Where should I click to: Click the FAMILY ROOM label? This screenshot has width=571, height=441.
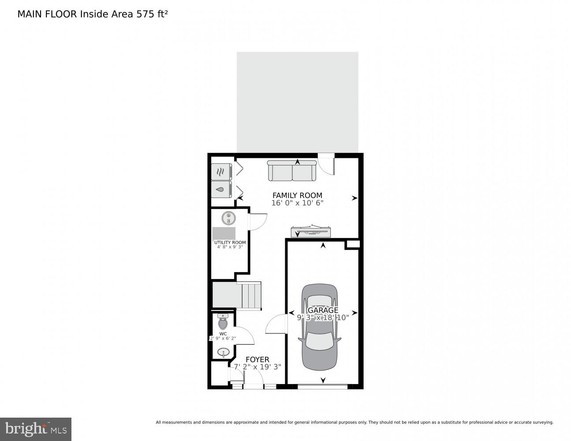click(x=297, y=195)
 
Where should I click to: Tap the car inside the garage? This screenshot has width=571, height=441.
click(x=320, y=326)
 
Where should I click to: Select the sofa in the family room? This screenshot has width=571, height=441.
click(x=292, y=171)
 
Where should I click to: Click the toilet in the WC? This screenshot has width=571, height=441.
click(x=223, y=322)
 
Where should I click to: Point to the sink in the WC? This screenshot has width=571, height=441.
click(x=224, y=353)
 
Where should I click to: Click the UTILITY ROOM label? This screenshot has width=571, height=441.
click(x=230, y=243)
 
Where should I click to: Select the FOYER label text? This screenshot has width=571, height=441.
click(x=257, y=359)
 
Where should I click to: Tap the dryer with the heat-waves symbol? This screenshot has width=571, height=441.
click(x=221, y=172)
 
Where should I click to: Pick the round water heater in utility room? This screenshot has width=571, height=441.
click(x=228, y=218)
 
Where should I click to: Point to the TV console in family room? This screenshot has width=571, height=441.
click(x=311, y=232)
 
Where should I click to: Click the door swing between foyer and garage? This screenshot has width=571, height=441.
click(x=276, y=324)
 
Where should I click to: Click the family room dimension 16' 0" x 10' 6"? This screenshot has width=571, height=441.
click(x=297, y=203)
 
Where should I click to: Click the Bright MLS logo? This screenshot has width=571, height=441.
click(x=36, y=429)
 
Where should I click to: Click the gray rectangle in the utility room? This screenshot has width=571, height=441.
click(x=224, y=233)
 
